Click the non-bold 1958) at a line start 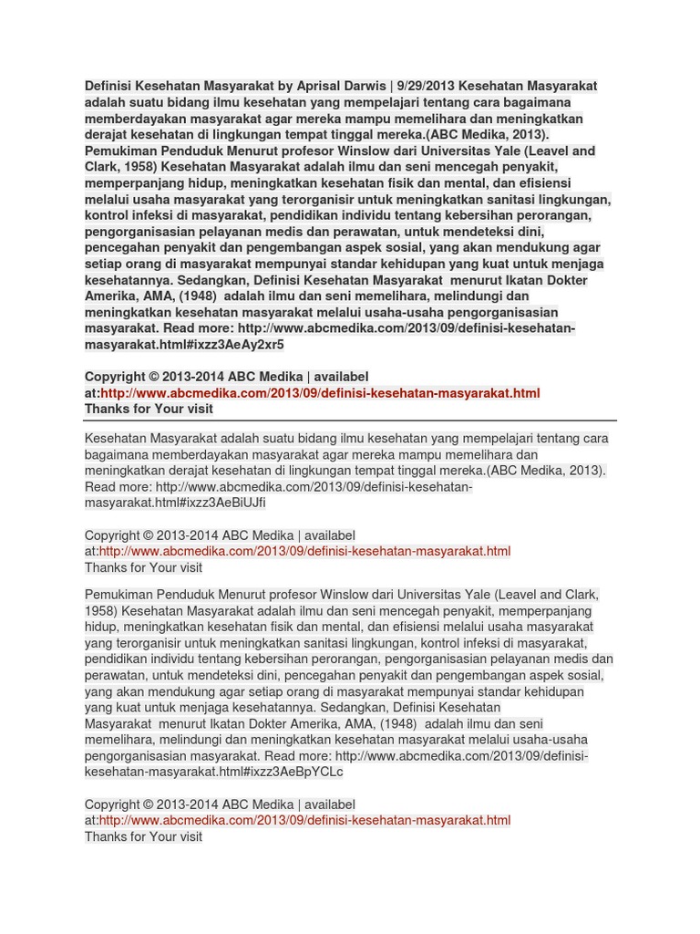(101, 611)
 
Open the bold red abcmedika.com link (320, 393)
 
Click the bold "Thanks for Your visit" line (149, 410)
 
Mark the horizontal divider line (351, 421)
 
